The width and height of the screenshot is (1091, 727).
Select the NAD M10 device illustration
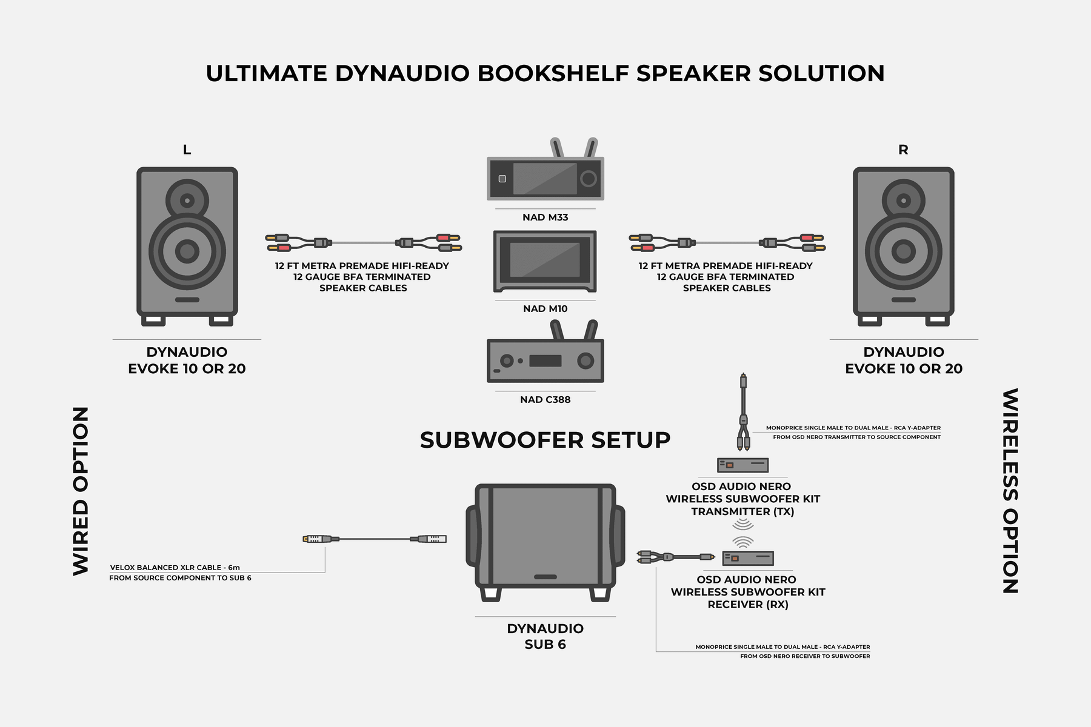(x=545, y=261)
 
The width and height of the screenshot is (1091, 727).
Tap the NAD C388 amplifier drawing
(x=545, y=360)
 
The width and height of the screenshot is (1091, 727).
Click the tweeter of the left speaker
(x=187, y=201)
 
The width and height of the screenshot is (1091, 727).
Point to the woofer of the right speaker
(x=903, y=251)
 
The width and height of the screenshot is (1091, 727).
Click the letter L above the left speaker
(x=187, y=150)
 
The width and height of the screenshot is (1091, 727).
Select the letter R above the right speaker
(x=903, y=150)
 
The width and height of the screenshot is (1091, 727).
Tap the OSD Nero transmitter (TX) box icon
(x=742, y=465)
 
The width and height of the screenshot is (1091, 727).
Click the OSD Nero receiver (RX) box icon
(x=747, y=558)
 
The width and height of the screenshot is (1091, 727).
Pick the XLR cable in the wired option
(x=374, y=539)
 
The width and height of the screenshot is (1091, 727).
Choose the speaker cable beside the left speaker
(x=363, y=243)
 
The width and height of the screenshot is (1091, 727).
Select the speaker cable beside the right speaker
(x=727, y=243)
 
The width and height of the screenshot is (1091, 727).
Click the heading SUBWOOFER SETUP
(x=545, y=440)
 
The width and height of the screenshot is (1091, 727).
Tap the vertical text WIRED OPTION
(x=81, y=491)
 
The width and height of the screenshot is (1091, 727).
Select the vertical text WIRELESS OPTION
(x=1010, y=491)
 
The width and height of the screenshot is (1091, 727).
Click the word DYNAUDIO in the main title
(x=402, y=73)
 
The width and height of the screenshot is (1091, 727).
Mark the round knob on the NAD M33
(x=588, y=178)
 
